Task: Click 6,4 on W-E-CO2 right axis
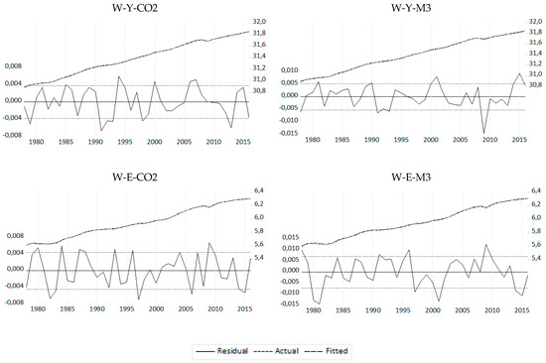click(x=261, y=190)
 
